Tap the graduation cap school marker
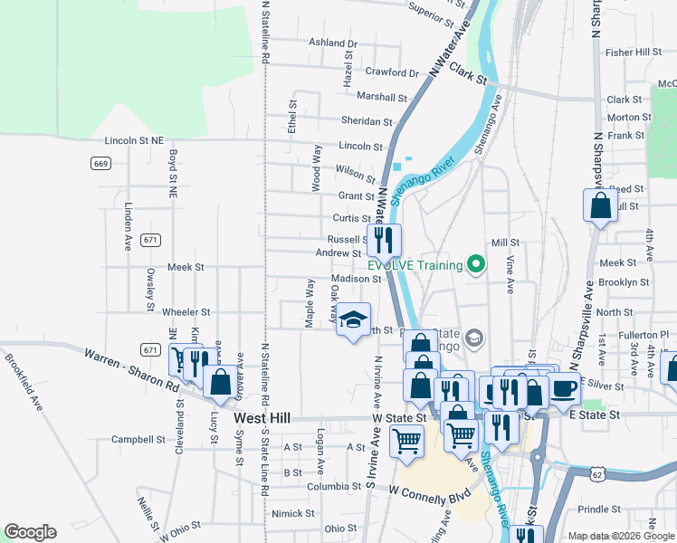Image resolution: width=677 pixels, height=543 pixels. point(353,319)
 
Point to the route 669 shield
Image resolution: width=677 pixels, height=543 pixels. point(100,164)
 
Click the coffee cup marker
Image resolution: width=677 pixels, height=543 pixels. point(564,388)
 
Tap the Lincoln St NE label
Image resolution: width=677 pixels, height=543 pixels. point(134,141)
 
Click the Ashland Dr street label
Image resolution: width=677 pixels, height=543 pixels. point(333,43)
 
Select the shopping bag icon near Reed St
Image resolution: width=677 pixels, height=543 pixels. point(600,206)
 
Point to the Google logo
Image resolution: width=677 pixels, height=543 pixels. point(30,532)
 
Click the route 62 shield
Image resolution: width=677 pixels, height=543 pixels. point(595,473)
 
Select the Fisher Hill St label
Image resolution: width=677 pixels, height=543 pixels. point(634,52)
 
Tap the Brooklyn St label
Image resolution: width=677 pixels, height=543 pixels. point(624,282)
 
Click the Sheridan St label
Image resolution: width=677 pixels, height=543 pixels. point(367,121)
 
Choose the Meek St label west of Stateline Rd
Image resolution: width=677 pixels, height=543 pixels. point(186,268)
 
